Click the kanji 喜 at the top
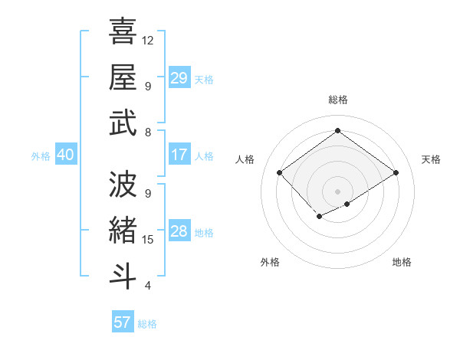(x=123, y=31)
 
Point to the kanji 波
(x=123, y=184)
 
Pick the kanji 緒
(x=123, y=230)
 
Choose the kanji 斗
(x=123, y=276)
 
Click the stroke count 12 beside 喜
(x=149, y=40)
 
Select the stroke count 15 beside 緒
(x=149, y=240)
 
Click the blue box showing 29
(x=179, y=78)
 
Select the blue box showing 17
(x=179, y=155)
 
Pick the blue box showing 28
(x=179, y=231)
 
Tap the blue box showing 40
(x=65, y=155)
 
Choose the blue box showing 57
(x=123, y=322)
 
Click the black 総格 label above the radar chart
(x=337, y=100)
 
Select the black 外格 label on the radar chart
(x=269, y=262)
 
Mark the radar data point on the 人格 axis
(x=280, y=173)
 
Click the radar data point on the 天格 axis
(x=396, y=173)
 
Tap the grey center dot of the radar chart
(x=337, y=190)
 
